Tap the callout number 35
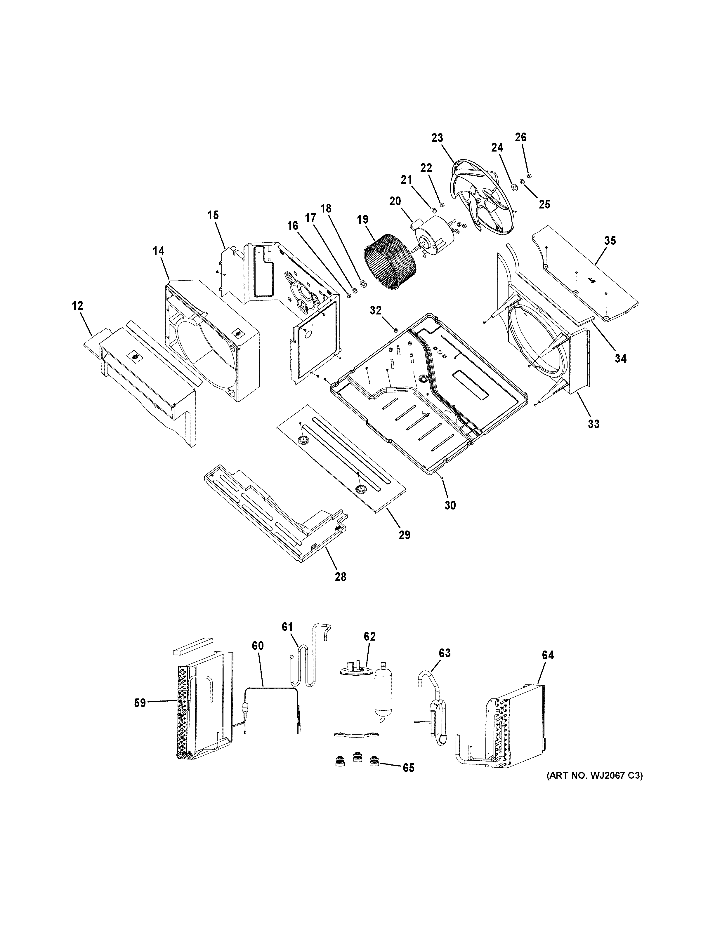pyautogui.click(x=610, y=241)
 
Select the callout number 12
pyautogui.click(x=77, y=305)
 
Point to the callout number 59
pyautogui.click(x=140, y=703)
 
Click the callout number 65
pyautogui.click(x=408, y=767)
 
